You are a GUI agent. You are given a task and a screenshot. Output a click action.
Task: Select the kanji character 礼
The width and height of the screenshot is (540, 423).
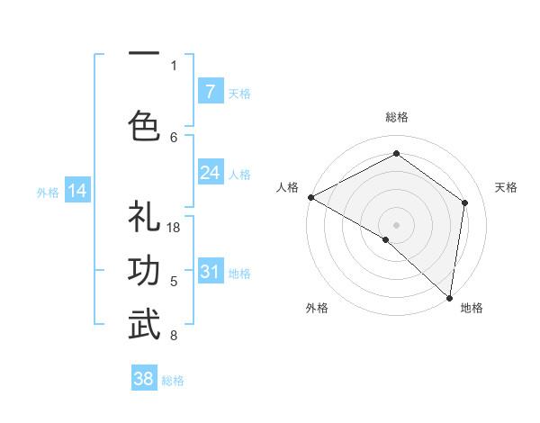pyautogui.click(x=144, y=219)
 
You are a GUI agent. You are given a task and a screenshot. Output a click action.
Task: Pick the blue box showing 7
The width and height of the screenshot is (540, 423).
pyautogui.click(x=210, y=92)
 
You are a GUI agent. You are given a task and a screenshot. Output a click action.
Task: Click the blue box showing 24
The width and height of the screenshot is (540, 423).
pyautogui.click(x=210, y=173)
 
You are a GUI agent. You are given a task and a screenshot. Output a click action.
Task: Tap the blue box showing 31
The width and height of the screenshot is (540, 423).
pyautogui.click(x=210, y=272)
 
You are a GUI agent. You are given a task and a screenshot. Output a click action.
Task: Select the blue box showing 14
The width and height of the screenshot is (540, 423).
pyautogui.click(x=77, y=191)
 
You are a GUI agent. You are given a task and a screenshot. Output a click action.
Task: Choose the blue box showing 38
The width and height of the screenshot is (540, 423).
pyautogui.click(x=144, y=379)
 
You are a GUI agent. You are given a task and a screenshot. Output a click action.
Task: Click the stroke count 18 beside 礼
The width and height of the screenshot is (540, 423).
pyautogui.click(x=175, y=228)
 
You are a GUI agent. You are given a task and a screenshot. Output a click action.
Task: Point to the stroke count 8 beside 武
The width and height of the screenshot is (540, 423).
pyautogui.click(x=174, y=336)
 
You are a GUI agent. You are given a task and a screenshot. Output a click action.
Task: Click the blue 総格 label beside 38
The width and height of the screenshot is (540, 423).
pyautogui.click(x=173, y=381)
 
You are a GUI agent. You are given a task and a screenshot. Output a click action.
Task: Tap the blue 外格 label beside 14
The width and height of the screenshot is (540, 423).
pyautogui.click(x=48, y=192)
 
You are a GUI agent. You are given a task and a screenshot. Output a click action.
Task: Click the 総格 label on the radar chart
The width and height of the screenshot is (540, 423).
pyautogui.click(x=396, y=117)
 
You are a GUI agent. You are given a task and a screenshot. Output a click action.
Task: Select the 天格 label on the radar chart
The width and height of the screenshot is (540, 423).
pyautogui.click(x=506, y=187)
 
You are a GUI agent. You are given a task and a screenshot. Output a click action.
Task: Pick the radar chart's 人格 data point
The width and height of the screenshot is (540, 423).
pyautogui.click(x=310, y=197)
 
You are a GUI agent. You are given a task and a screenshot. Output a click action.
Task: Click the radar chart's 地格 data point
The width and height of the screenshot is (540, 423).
pyautogui.click(x=449, y=297)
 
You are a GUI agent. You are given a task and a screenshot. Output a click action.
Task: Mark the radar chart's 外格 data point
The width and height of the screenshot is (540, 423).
pyautogui.click(x=386, y=240)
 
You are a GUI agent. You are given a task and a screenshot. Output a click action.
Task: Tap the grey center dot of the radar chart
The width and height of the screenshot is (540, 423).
pyautogui.click(x=396, y=224)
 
